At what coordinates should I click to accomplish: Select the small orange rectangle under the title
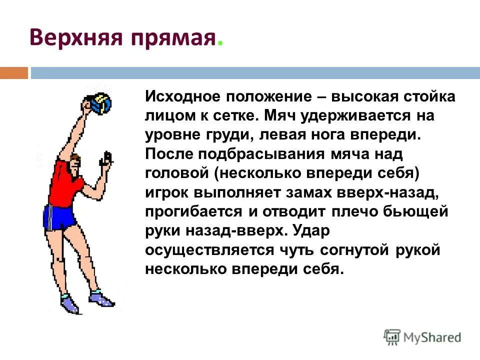click(14, 73)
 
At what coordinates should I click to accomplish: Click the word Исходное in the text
click(182, 96)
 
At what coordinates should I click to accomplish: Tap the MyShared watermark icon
click(392, 338)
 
